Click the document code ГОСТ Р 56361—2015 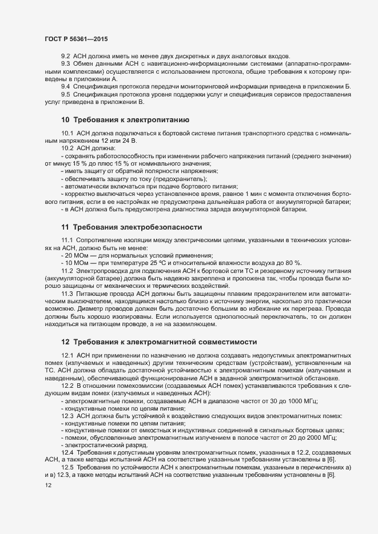(x=75, y=39)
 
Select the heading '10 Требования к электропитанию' (x=122, y=120)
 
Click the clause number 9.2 (x=66, y=56)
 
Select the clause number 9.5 (x=66, y=94)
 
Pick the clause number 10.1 (x=67, y=133)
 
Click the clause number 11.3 (x=67, y=294)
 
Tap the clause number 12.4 (x=67, y=452)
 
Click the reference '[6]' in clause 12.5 (x=330, y=475)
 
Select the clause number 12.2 (x=67, y=386)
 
